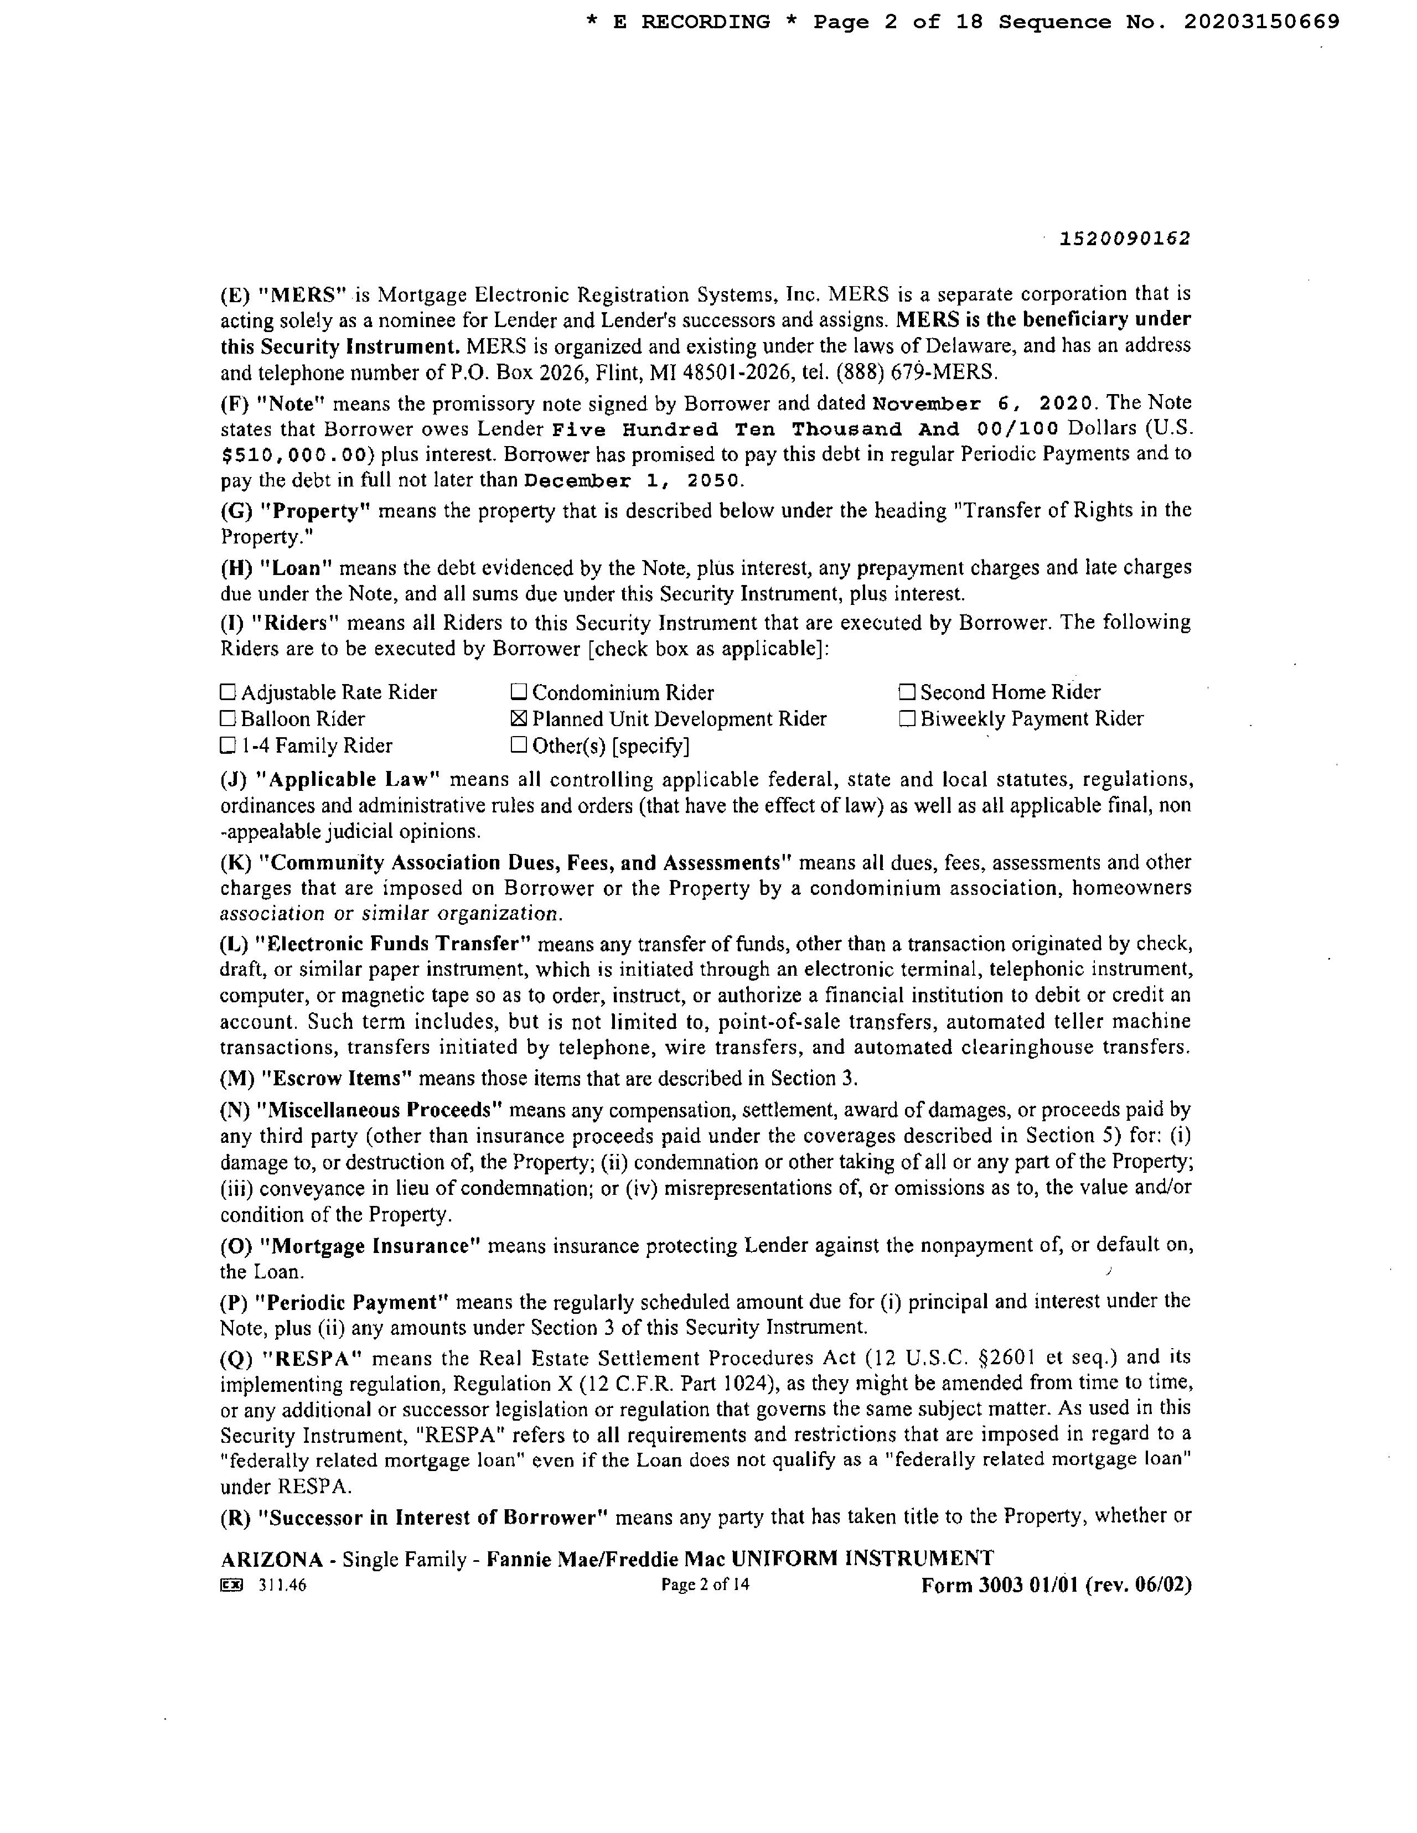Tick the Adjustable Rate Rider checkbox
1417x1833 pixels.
[x=227, y=692]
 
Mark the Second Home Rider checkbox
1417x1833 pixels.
[x=907, y=692]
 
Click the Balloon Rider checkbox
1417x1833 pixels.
[x=227, y=719]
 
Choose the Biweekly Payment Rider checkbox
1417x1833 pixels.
[x=907, y=719]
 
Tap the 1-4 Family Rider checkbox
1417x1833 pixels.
[x=227, y=745]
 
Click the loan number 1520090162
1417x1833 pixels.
[x=1125, y=239]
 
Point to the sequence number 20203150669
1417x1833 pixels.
[x=1261, y=23]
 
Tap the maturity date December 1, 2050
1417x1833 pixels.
[x=633, y=481]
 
